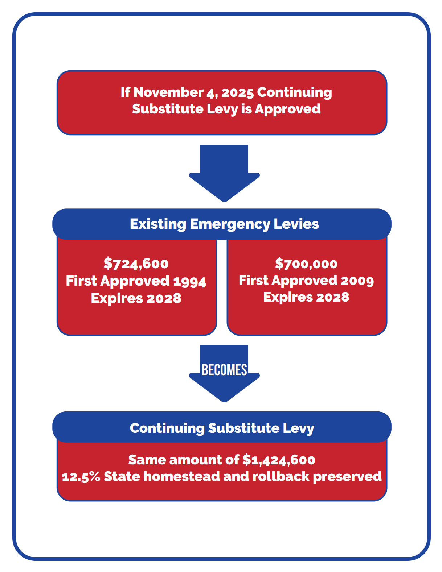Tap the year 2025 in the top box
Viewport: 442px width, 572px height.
coord(237,92)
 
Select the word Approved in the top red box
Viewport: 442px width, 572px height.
coord(287,109)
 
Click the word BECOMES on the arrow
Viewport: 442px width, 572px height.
coord(224,370)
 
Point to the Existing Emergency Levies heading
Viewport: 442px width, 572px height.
coord(224,224)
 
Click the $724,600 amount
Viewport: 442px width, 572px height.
coord(136,264)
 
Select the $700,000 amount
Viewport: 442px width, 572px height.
coord(306,264)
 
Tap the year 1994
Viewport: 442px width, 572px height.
coord(190,282)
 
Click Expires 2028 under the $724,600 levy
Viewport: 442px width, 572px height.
coord(136,298)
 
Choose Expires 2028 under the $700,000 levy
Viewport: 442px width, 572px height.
coord(306,297)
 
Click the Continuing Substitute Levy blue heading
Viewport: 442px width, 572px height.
coord(222,428)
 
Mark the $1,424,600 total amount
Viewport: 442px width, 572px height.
coord(279,460)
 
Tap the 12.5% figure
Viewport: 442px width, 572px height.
coord(81,477)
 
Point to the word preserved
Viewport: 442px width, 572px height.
coord(347,477)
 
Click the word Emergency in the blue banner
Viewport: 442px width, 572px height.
coord(230,224)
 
